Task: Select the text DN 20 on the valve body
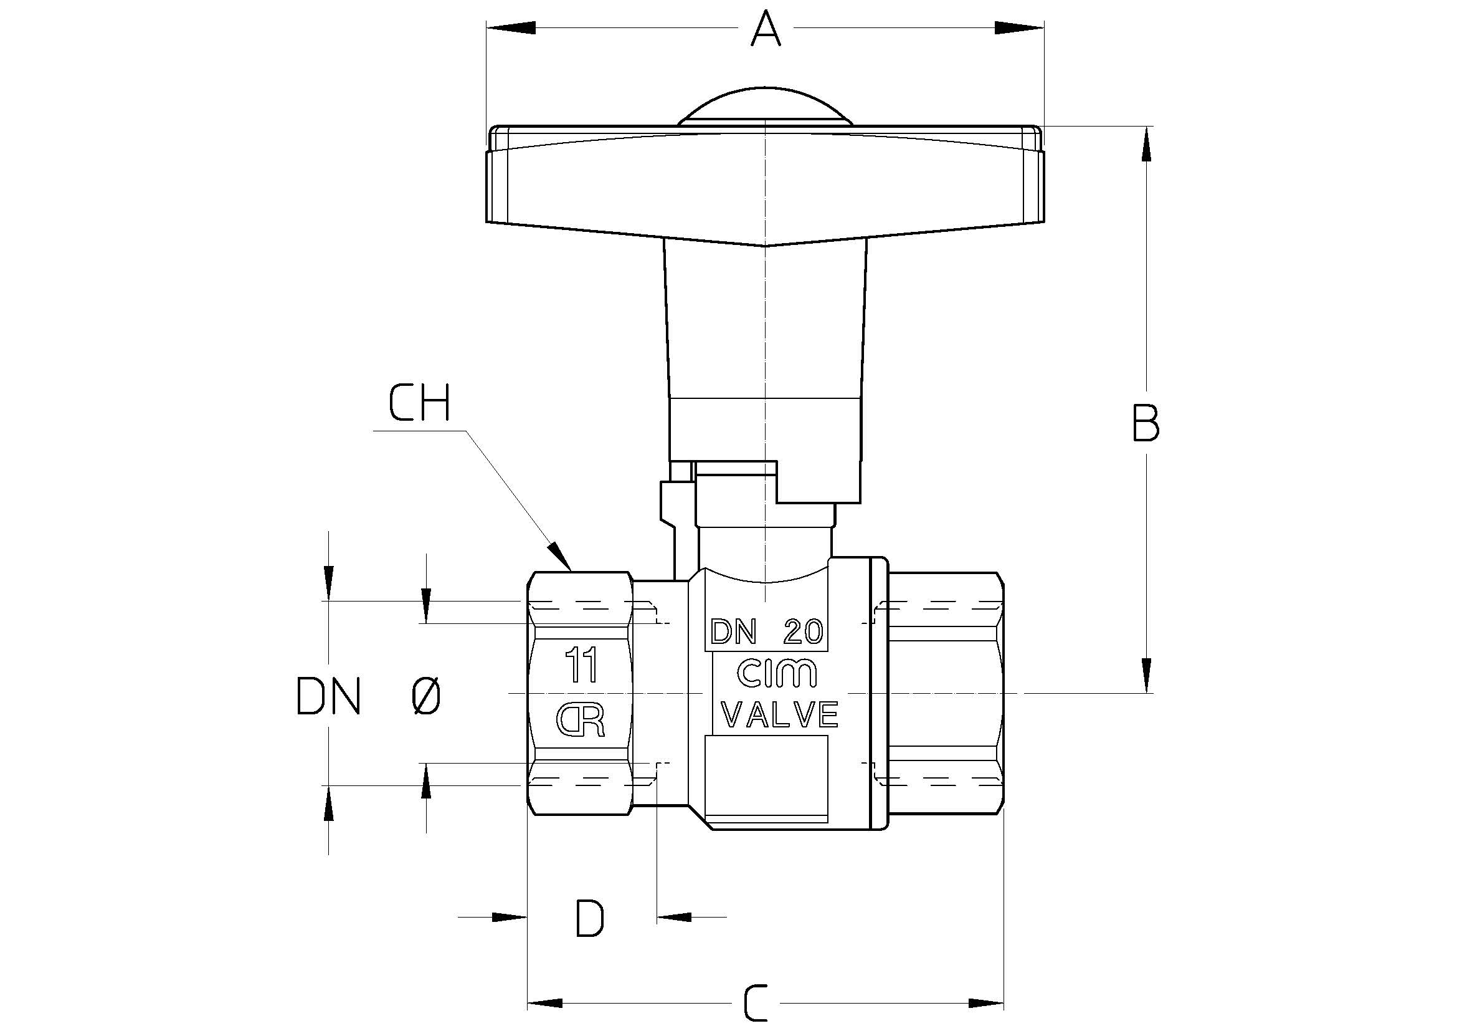click(767, 632)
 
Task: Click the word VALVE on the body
click(781, 715)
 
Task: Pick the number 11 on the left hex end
click(582, 665)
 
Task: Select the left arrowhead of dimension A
click(511, 28)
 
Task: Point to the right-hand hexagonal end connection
click(946, 693)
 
